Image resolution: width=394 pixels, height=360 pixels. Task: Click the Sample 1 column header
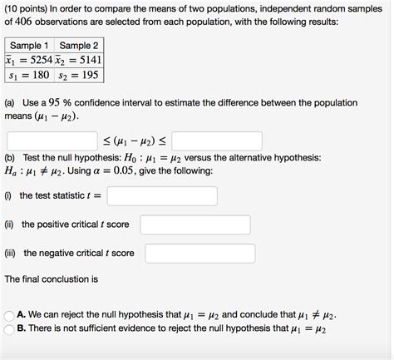pyautogui.click(x=30, y=45)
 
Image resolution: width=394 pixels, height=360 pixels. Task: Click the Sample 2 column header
pyautogui.click(x=79, y=45)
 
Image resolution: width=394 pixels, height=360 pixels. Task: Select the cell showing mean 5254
pyautogui.click(x=30, y=60)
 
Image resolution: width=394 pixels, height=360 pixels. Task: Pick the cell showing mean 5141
pyautogui.click(x=79, y=60)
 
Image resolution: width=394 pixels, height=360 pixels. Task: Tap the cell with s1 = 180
pyautogui.click(x=30, y=75)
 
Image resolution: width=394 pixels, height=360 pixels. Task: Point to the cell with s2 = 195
pyautogui.click(x=79, y=75)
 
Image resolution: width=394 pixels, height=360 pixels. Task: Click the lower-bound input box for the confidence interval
pyautogui.click(x=52, y=139)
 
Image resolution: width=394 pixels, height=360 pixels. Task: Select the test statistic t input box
pyautogui.click(x=162, y=195)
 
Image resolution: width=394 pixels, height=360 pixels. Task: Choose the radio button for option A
pyautogui.click(x=9, y=316)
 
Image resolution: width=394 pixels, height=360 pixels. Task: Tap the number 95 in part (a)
pyautogui.click(x=57, y=102)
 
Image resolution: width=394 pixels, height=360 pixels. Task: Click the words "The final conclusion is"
pyautogui.click(x=52, y=279)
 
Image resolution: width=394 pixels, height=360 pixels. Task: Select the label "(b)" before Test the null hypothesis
pyautogui.click(x=11, y=156)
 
